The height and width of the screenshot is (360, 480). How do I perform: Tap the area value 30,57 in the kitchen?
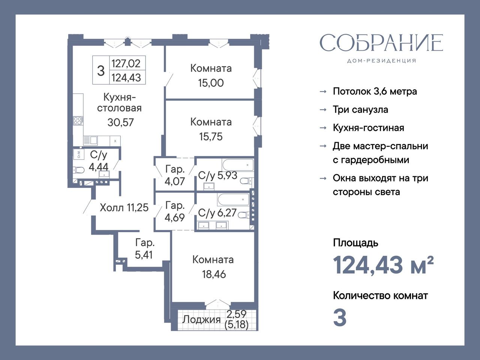(120, 123)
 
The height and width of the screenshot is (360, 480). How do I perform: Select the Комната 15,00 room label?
(211, 76)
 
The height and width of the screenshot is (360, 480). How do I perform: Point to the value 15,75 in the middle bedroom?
(211, 136)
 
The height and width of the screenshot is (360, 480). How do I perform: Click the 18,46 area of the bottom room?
(214, 274)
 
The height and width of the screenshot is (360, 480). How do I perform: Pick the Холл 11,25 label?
(124, 207)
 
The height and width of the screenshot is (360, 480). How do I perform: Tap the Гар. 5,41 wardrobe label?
(144, 249)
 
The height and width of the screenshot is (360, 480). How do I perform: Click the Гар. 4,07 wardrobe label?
(175, 175)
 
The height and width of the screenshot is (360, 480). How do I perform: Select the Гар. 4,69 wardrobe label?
(175, 211)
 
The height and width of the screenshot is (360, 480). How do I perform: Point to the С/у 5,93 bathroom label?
(217, 175)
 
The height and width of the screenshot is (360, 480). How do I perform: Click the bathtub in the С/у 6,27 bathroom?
(233, 199)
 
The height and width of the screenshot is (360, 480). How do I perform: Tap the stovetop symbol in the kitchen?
(78, 121)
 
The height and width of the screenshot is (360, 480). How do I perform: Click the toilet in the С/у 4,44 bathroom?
(78, 170)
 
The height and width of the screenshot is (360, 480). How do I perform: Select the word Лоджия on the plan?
(201, 320)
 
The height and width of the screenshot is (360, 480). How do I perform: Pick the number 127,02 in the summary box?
(126, 64)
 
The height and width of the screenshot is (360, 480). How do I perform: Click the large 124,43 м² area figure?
(383, 265)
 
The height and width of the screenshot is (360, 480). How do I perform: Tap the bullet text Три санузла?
(360, 110)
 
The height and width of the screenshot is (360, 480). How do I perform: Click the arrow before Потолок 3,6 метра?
(323, 91)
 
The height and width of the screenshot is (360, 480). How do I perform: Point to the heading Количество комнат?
(380, 296)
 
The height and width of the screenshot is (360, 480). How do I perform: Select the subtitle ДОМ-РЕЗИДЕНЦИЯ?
(381, 61)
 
